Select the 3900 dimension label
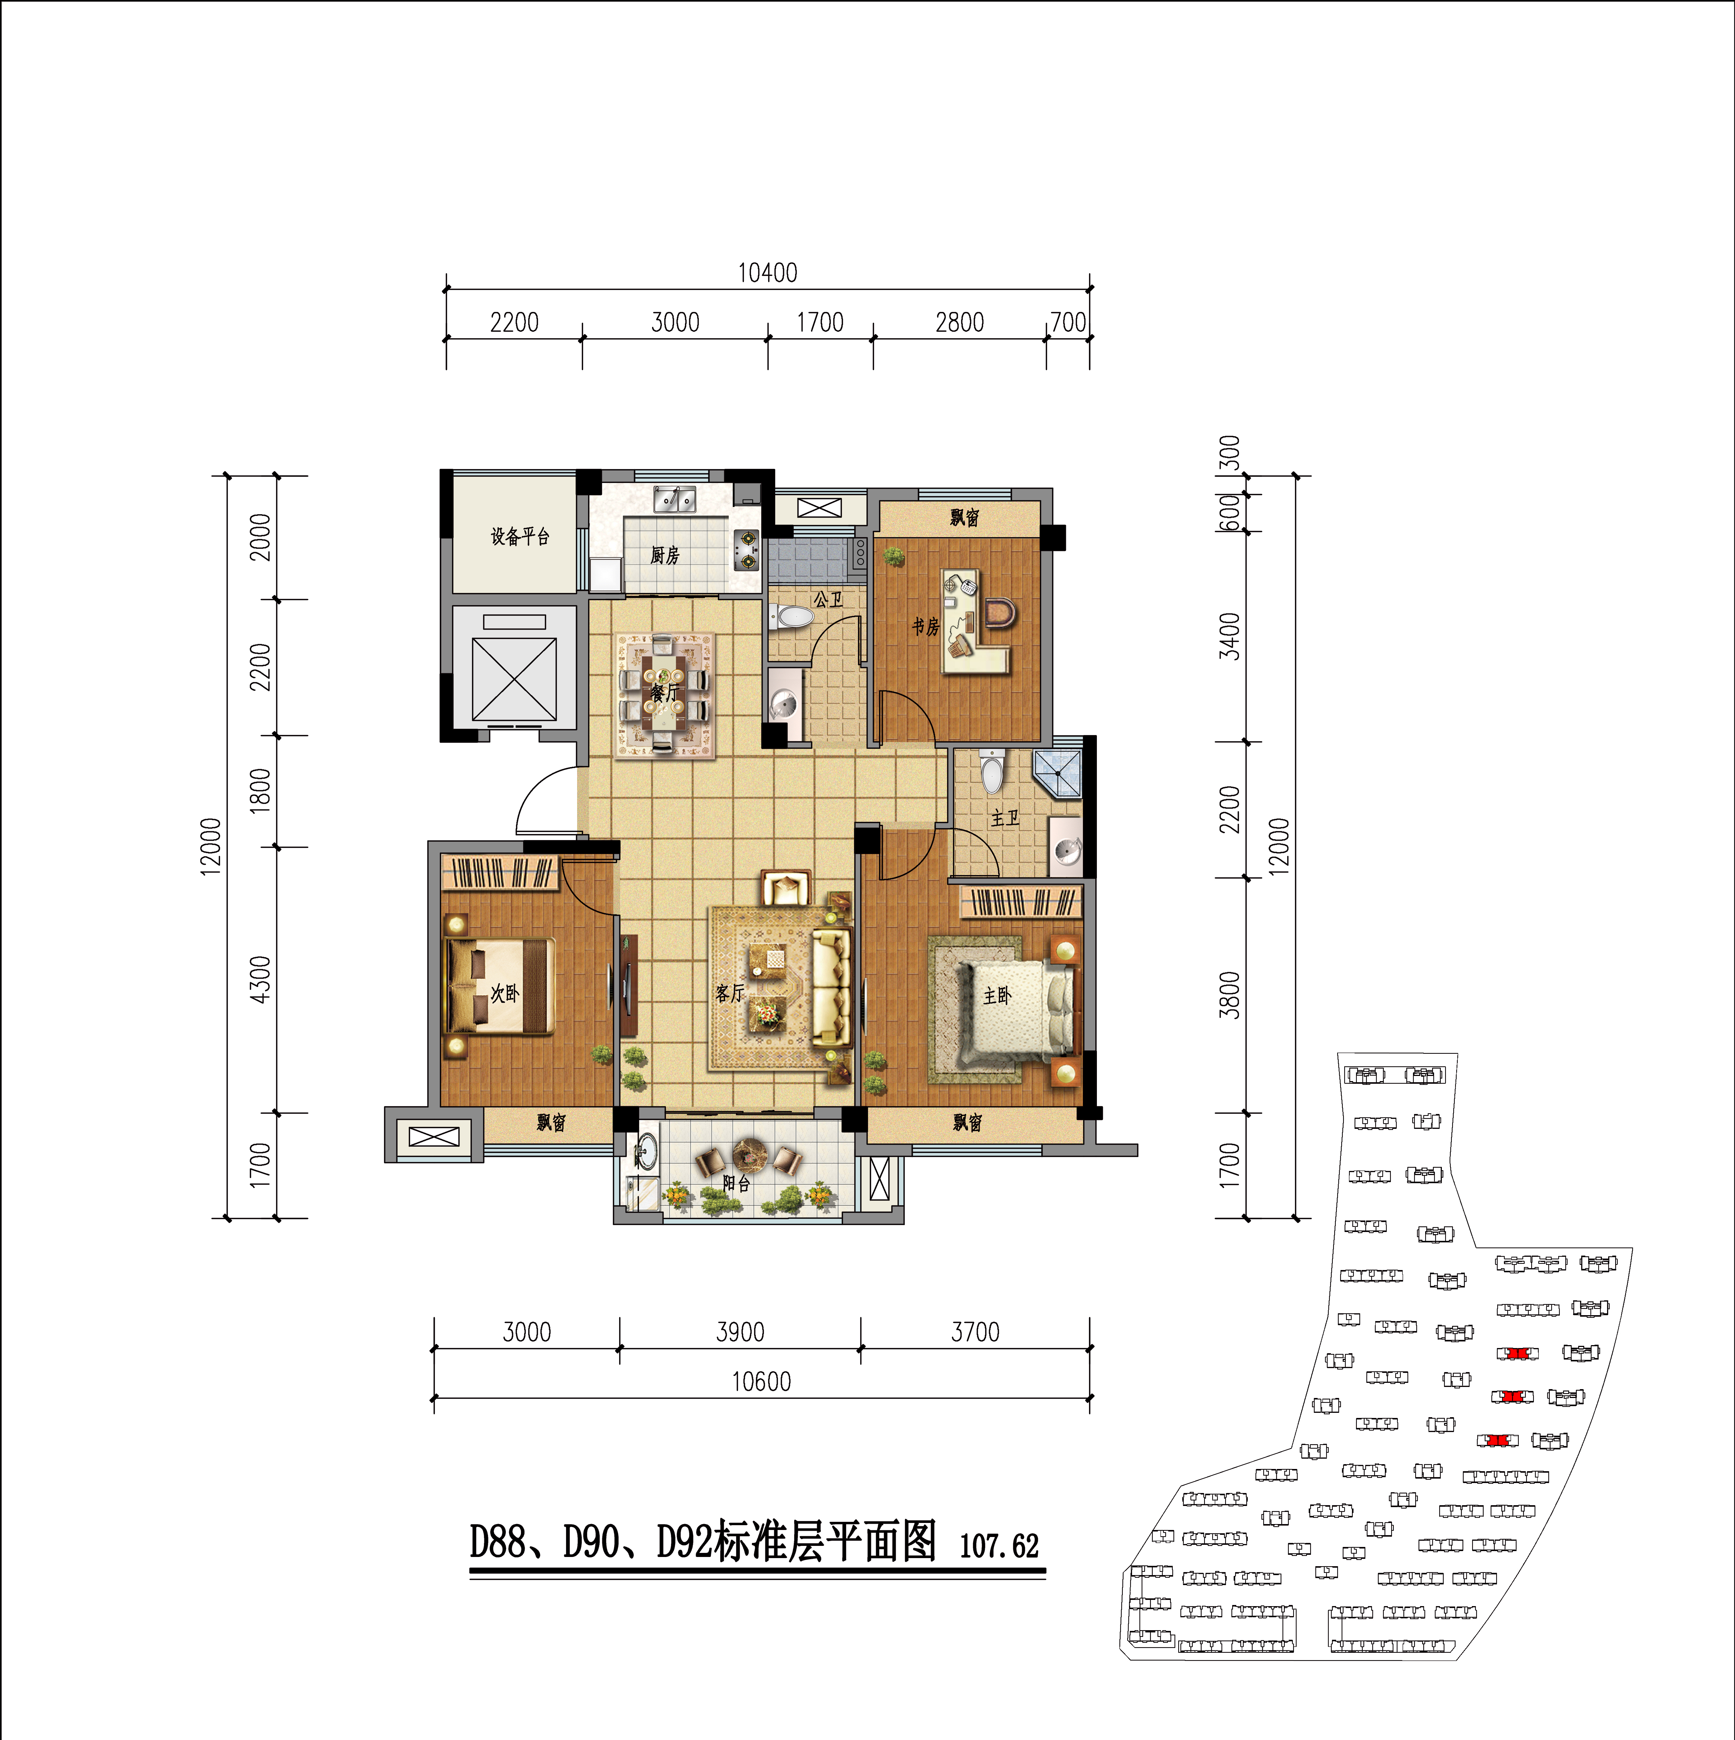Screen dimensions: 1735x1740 click(740, 1332)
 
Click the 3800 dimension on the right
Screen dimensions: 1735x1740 click(1229, 995)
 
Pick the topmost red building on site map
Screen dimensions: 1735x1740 click(1517, 1354)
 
